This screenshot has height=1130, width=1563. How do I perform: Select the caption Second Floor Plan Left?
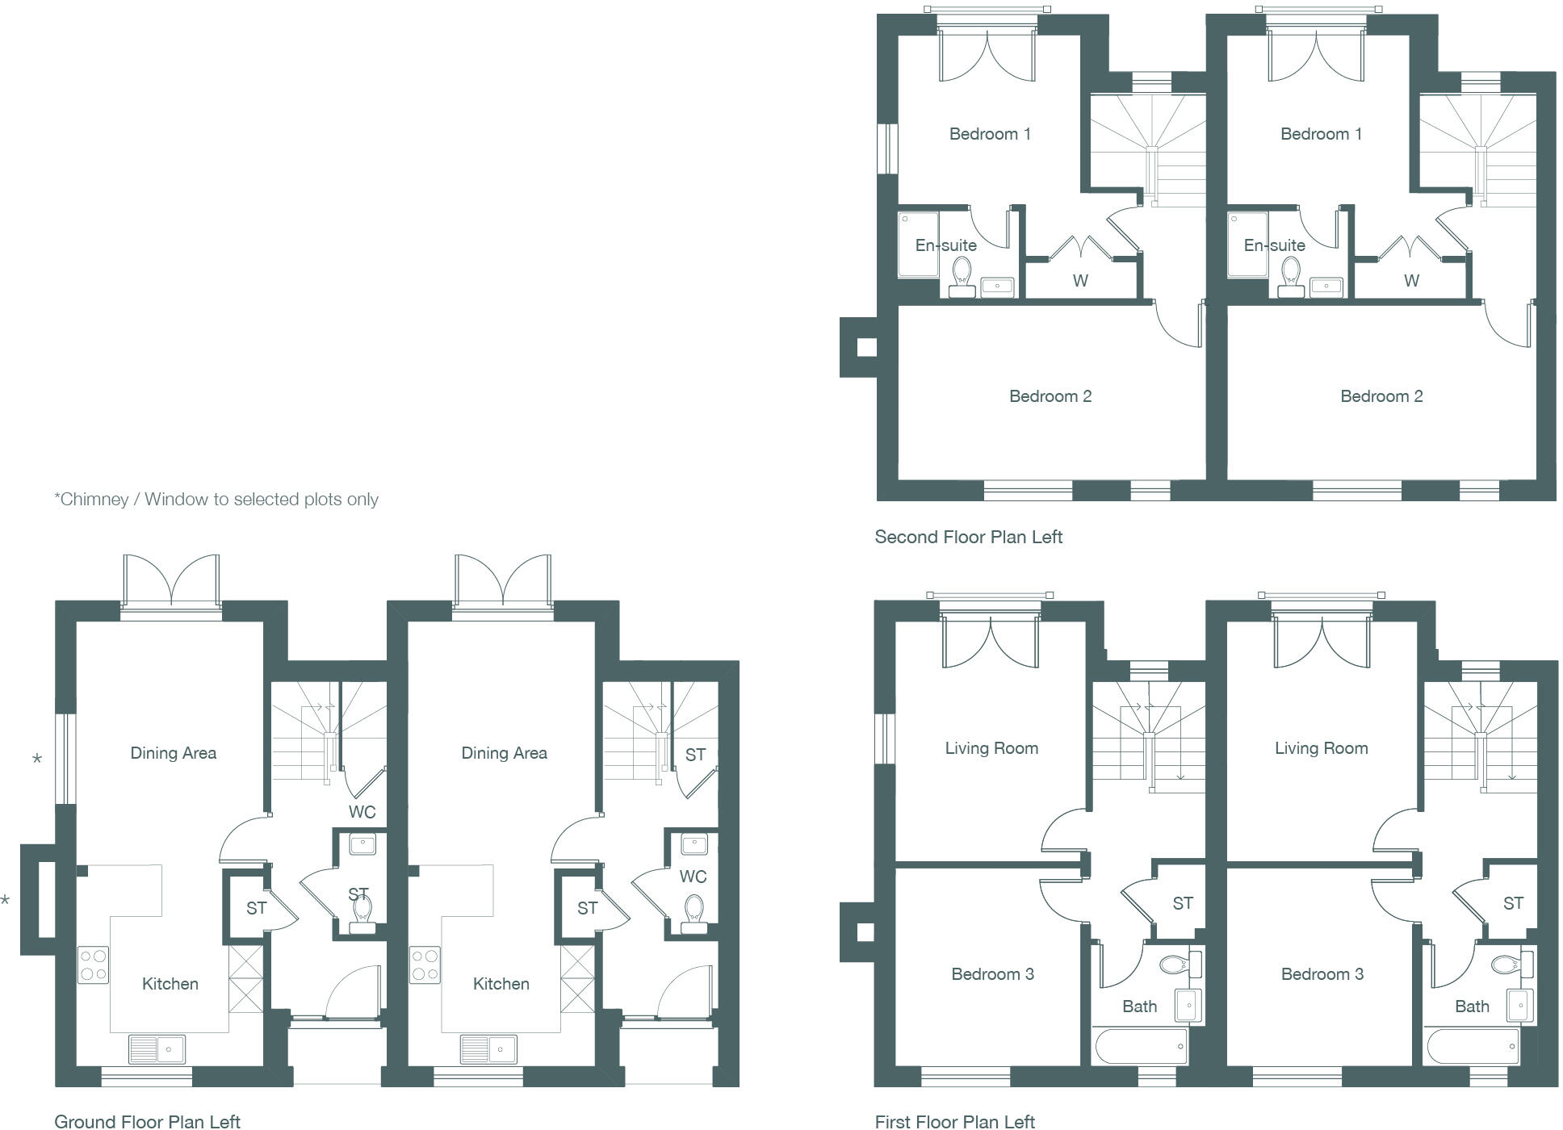pyautogui.click(x=968, y=537)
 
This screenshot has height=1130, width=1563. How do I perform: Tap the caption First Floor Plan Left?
pyautogui.click(x=954, y=1121)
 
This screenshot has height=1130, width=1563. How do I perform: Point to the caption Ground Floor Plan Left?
pyautogui.click(x=147, y=1121)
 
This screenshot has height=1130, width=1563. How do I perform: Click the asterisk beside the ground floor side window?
pyautogui.click(x=37, y=759)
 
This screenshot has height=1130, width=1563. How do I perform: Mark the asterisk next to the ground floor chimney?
pyautogui.click(x=6, y=900)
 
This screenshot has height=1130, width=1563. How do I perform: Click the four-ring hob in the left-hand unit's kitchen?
pyautogui.click(x=93, y=965)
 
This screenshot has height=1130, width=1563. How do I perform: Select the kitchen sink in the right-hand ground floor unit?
pyautogui.click(x=488, y=1049)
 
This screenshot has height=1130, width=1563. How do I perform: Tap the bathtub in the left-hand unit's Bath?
pyautogui.click(x=1141, y=1047)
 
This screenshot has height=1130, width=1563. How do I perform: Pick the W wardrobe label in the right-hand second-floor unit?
pyautogui.click(x=1411, y=281)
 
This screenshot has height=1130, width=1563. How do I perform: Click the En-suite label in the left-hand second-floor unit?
pyautogui.click(x=945, y=245)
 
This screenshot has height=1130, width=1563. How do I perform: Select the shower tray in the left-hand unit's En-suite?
pyautogui.click(x=919, y=244)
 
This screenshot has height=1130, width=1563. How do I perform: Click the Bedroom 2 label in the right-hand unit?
pyautogui.click(x=1381, y=396)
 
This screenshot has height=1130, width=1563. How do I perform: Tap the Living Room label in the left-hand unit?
pyautogui.click(x=991, y=748)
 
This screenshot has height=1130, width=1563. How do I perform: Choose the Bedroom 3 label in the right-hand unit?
pyautogui.click(x=1322, y=974)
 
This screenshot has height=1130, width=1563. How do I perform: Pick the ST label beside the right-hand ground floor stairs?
pyautogui.click(x=695, y=755)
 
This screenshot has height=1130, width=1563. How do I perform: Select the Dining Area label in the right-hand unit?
pyautogui.click(x=504, y=753)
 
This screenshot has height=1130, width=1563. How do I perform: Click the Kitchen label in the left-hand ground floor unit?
pyautogui.click(x=170, y=984)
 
